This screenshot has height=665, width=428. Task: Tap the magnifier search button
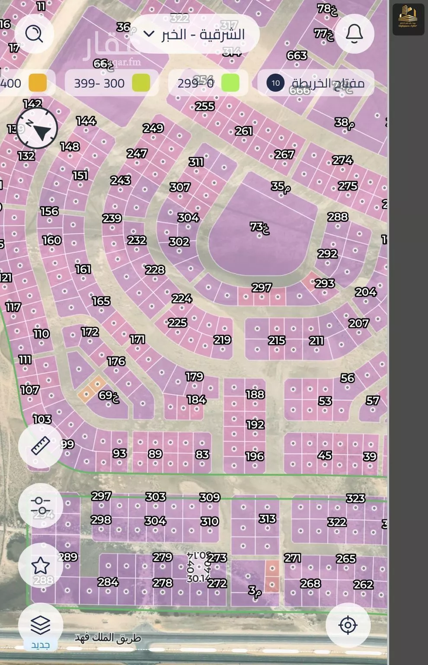click(x=34, y=33)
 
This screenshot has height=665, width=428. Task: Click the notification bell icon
click(x=355, y=33)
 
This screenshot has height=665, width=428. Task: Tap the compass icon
click(x=38, y=129)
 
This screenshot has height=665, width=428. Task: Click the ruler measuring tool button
click(x=41, y=445)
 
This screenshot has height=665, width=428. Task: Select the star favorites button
click(x=40, y=565)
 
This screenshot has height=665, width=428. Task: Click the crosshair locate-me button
click(x=348, y=625)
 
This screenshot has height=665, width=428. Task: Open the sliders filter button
click(x=41, y=505)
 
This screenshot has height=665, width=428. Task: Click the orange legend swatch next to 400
click(x=38, y=83)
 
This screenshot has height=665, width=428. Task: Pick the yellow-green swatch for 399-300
click(x=141, y=83)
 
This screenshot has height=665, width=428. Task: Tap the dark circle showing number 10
click(x=275, y=83)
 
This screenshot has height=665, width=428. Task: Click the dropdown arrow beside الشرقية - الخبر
click(x=148, y=34)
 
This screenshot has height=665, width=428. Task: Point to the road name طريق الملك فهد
click(x=108, y=638)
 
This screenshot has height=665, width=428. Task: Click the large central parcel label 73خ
click(x=259, y=227)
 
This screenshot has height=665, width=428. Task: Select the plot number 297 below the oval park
click(x=262, y=287)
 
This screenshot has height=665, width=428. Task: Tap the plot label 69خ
click(x=109, y=395)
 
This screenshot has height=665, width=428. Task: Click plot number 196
click(x=255, y=456)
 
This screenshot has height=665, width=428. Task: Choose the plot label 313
click(x=267, y=519)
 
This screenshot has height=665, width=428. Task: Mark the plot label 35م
click(x=281, y=187)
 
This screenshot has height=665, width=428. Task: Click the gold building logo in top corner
click(x=408, y=19)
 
